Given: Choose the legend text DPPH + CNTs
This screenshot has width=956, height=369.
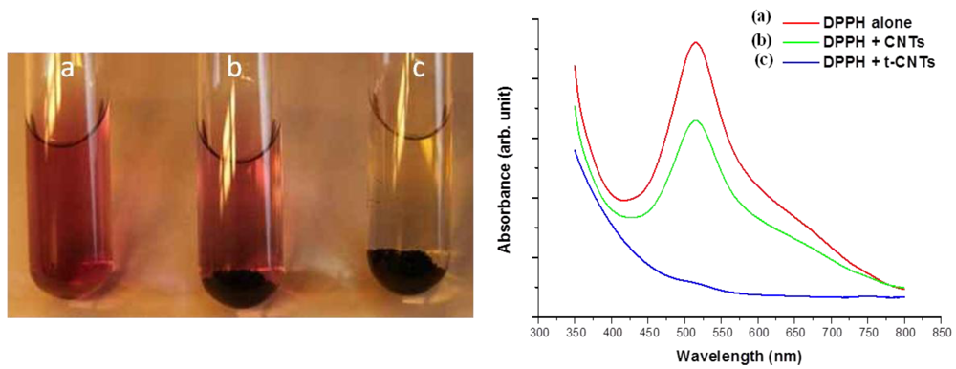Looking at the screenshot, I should point(866,41).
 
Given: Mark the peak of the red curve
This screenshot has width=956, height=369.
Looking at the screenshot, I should point(695,43).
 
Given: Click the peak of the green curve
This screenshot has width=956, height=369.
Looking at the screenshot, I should point(695,120).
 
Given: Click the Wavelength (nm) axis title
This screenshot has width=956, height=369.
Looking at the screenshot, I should point(737,356).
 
